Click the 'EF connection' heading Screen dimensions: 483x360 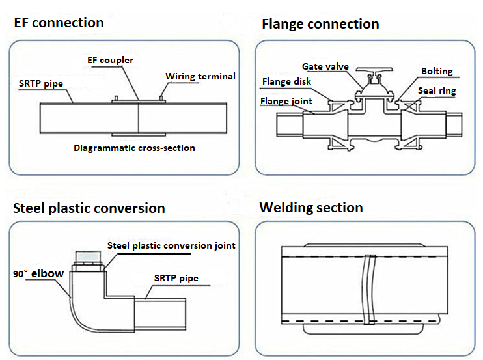(59, 23)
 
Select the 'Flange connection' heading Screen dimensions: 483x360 (320, 24)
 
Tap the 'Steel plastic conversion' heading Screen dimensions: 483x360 (89, 208)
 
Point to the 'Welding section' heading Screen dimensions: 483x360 (311, 208)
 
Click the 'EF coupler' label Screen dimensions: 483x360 (110, 60)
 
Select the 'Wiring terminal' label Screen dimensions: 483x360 (200, 76)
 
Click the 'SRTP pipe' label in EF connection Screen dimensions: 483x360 (41, 84)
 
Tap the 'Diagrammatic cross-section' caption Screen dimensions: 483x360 (134, 148)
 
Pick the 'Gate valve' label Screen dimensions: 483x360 (325, 66)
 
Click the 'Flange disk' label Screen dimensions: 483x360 (286, 81)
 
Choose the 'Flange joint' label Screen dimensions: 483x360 (286, 101)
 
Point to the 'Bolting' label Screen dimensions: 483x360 (437, 71)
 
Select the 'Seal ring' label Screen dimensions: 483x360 (437, 91)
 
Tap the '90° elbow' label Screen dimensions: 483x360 (38, 273)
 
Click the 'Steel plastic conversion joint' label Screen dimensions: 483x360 (171, 245)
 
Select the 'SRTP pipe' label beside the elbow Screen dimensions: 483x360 (176, 278)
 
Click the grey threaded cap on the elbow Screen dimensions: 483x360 (88, 258)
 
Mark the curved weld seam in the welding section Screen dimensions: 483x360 (368, 289)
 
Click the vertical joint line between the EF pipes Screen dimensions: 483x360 (139, 118)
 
